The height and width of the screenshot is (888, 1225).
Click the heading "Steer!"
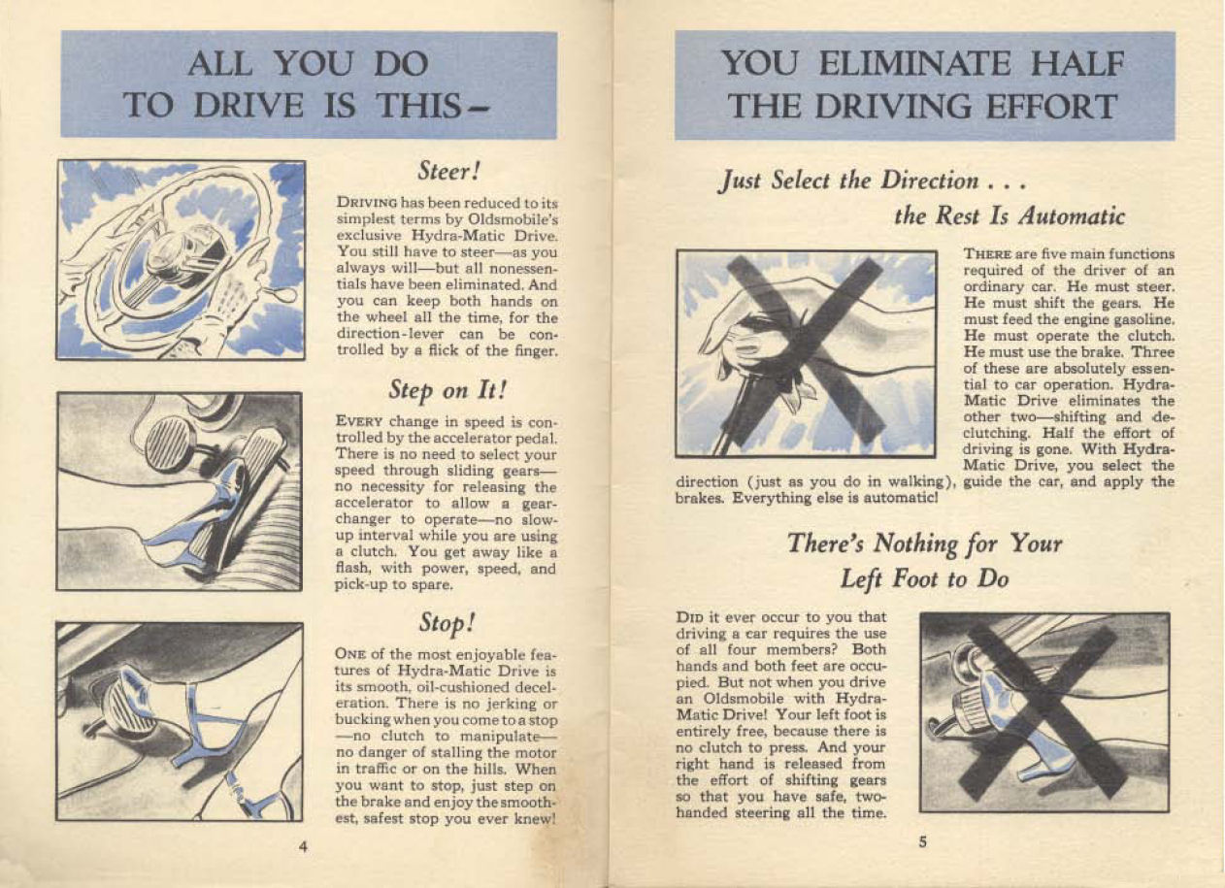click(x=448, y=172)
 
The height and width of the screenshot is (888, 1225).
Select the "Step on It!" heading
click(x=447, y=390)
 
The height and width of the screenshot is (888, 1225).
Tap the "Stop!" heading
click(x=447, y=623)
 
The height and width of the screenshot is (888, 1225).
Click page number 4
click(x=303, y=847)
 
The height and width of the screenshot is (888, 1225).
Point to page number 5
click(x=922, y=842)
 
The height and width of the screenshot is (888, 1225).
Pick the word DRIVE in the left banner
click(x=248, y=105)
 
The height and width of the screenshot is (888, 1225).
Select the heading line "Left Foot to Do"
click(x=924, y=579)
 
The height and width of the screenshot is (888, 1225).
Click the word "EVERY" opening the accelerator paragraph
click(x=359, y=422)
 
